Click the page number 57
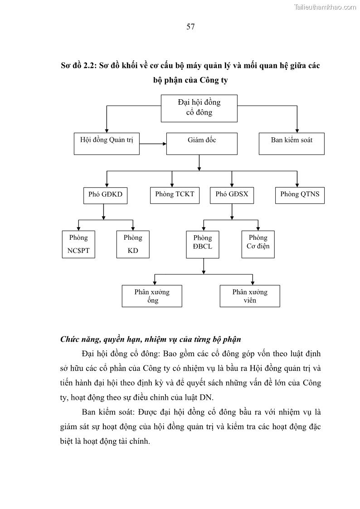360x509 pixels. (x=190, y=27)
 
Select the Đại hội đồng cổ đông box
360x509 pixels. (x=199, y=108)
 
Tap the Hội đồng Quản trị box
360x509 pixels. (x=107, y=143)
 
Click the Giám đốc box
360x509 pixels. (x=202, y=143)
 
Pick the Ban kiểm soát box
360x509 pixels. (x=292, y=143)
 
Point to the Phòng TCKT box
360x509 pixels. (x=175, y=195)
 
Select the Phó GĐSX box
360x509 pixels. (x=232, y=195)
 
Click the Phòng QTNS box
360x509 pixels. (x=300, y=195)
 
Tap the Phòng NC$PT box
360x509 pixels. (x=78, y=244)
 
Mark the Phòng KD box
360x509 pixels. (x=133, y=244)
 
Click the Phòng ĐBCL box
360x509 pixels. (x=202, y=244)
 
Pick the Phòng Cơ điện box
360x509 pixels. (x=258, y=244)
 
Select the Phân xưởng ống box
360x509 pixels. (x=152, y=296)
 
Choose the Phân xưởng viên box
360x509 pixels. (x=250, y=296)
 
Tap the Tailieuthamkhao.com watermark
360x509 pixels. (x=325, y=7)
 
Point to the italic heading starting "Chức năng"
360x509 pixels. (x=151, y=339)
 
